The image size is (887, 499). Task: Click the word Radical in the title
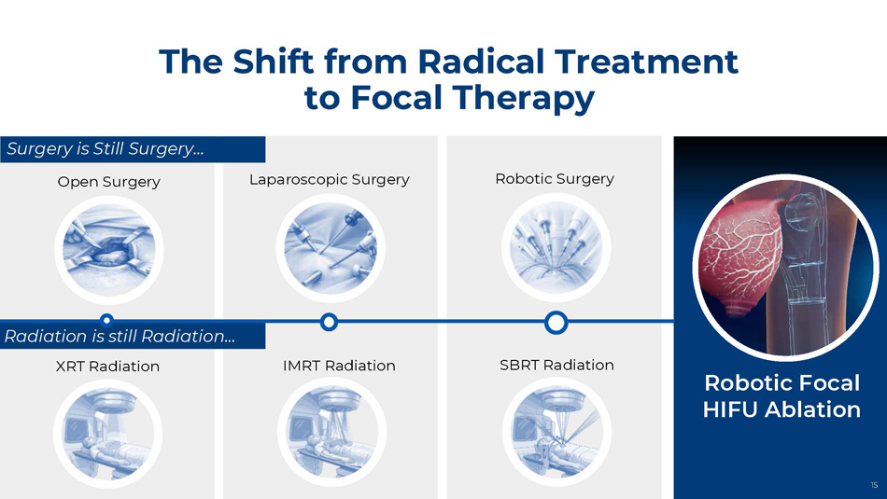click(x=480, y=61)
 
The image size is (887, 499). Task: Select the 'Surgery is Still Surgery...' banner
click(x=133, y=149)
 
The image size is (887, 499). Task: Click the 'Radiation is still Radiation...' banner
click(x=133, y=336)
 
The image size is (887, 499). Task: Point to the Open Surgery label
click(x=108, y=182)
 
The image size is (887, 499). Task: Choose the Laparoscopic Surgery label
click(x=330, y=180)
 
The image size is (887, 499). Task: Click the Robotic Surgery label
click(x=555, y=178)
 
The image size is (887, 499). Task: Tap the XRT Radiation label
click(x=107, y=367)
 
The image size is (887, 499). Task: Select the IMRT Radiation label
click(x=339, y=366)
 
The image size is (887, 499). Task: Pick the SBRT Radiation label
click(x=556, y=365)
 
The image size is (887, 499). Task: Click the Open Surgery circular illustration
click(x=108, y=250)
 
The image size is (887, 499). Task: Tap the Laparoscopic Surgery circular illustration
click(x=331, y=248)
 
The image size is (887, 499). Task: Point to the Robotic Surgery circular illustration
click(x=556, y=247)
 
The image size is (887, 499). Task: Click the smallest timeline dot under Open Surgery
click(x=106, y=321)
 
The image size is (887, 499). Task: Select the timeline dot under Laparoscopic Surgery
click(x=329, y=322)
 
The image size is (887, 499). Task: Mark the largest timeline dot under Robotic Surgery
click(x=556, y=323)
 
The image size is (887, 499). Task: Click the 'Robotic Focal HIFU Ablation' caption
click(x=781, y=396)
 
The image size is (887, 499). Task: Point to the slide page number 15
click(x=874, y=485)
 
